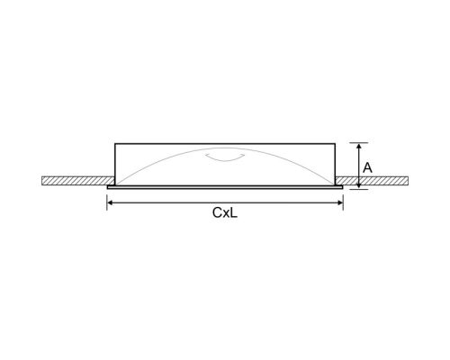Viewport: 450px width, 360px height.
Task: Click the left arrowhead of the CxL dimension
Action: pyautogui.click(x=110, y=203)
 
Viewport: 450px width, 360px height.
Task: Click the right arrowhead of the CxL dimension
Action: pyautogui.click(x=339, y=203)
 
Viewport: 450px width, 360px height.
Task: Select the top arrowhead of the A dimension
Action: pyautogui.click(x=358, y=146)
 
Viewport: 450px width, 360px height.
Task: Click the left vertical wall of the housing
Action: pyautogui.click(x=115, y=162)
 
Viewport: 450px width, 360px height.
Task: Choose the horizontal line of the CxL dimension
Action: pyautogui.click(x=180, y=203)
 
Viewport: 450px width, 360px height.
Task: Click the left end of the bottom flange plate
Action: pyautogui.click(x=109, y=186)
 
